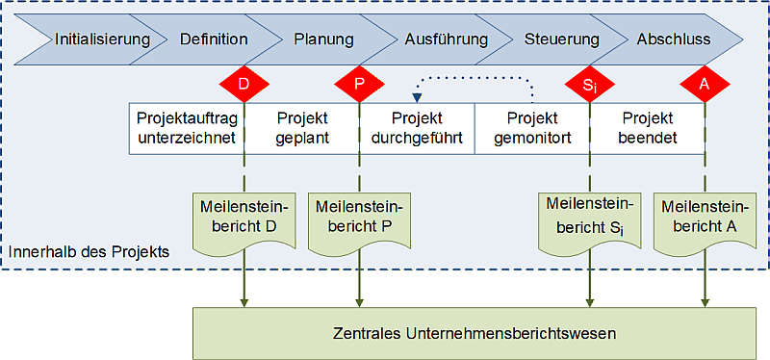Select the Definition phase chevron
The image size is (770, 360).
click(x=214, y=39)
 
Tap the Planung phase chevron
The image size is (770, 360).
click(x=323, y=39)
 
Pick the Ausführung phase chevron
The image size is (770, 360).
click(x=446, y=39)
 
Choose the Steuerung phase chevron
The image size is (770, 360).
click(x=562, y=39)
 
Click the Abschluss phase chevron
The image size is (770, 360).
click(x=674, y=39)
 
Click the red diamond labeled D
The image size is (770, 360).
click(x=244, y=84)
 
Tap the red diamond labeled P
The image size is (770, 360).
click(x=359, y=84)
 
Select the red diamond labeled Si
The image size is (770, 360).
click(x=589, y=84)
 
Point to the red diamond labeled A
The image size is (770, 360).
click(x=705, y=84)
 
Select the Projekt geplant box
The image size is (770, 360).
click(x=302, y=128)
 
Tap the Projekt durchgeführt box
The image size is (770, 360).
click(x=418, y=128)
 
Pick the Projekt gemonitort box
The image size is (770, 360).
click(x=532, y=128)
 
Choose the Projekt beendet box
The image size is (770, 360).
click(x=648, y=128)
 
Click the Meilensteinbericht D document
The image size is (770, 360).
click(x=244, y=219)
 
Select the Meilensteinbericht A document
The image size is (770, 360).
click(x=705, y=219)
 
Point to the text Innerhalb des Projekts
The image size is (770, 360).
click(x=90, y=252)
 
